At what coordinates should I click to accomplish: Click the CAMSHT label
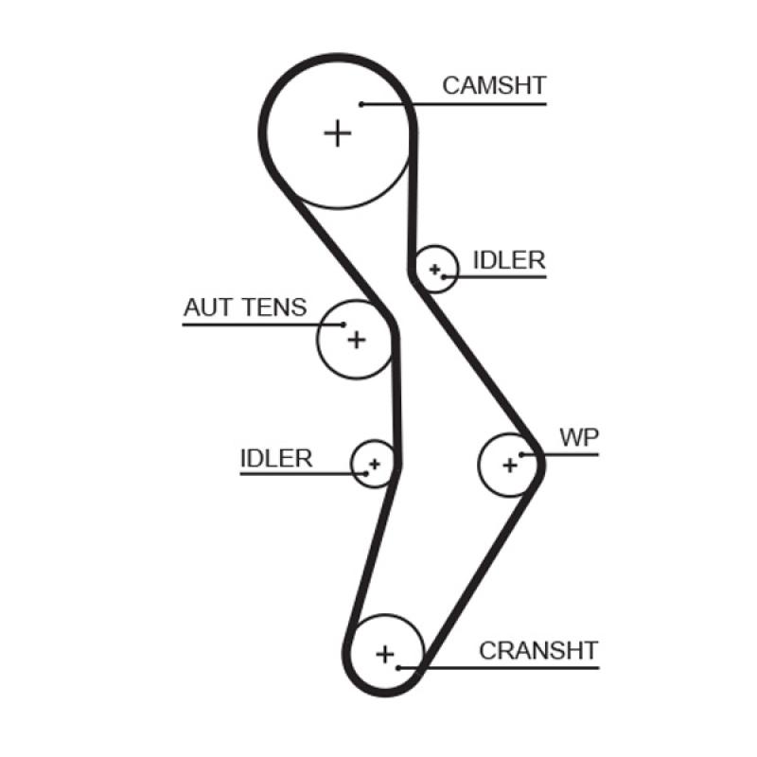tap(494, 85)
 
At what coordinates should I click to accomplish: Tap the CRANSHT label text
tap(537, 651)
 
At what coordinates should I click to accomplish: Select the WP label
tap(579, 437)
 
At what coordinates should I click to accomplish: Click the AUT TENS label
tap(245, 308)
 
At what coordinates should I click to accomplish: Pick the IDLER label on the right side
tap(509, 260)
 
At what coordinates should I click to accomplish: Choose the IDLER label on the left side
tap(276, 458)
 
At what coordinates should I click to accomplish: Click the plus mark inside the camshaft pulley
tap(337, 132)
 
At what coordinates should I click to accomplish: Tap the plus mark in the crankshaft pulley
tap(385, 653)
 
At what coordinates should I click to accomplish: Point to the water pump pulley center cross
tap(510, 465)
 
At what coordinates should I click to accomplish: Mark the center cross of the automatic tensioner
tap(356, 339)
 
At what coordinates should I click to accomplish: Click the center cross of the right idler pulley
tap(434, 270)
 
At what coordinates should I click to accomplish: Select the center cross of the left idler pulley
tap(374, 464)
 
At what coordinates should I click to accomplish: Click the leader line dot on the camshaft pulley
tap(361, 103)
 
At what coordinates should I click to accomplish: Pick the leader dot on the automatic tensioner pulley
tap(343, 326)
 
